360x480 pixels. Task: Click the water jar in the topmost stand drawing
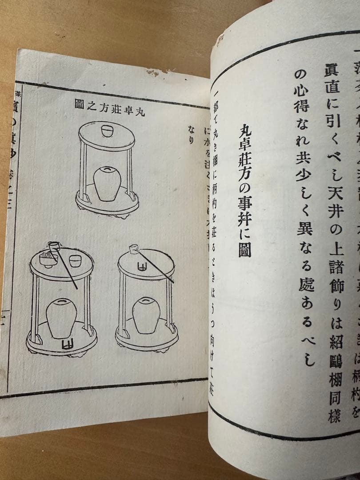pos(107,182)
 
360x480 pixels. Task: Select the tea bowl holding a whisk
pos(48,258)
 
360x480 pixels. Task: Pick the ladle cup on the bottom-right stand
pos(133,249)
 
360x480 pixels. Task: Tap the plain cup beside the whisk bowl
pos(75,261)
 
